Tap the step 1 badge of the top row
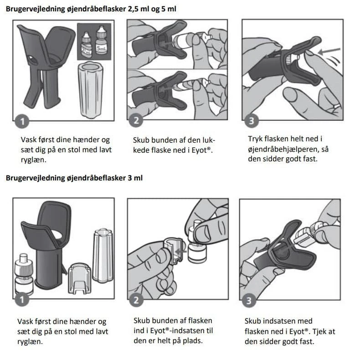pos(22,122)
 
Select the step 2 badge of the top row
pos(136,121)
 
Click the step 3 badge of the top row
pos(252,121)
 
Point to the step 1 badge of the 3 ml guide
pos(22,299)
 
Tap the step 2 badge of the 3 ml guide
pos(136,300)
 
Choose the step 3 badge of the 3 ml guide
pos(249,301)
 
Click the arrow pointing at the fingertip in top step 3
pos(329,51)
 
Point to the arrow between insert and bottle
pos(180,252)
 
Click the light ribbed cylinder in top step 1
pos(91,90)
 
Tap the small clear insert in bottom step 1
pos(80,279)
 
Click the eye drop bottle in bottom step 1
pos(24,274)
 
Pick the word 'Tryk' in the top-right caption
pos(255,139)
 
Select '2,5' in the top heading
pos(133,9)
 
